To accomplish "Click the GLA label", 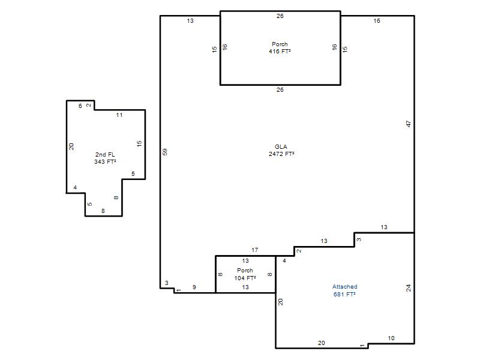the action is [x=281, y=146].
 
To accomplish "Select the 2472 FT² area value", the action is [x=281, y=154].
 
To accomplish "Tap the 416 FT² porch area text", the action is [x=280, y=52].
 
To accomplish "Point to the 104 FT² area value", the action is [x=245, y=278].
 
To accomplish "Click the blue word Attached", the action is [x=344, y=287].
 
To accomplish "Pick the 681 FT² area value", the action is [x=344, y=294].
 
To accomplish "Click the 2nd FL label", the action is [x=105, y=155].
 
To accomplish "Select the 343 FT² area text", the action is [x=105, y=161].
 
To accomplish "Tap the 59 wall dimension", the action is [x=164, y=152].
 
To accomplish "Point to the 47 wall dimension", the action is [x=409, y=124].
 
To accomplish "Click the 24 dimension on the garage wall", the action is [x=409, y=288].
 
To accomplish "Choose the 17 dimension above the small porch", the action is [x=254, y=250].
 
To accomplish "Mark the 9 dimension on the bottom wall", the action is [x=194, y=287].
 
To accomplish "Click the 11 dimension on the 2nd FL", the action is [x=119, y=115].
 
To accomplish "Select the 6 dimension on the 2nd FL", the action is [x=80, y=106].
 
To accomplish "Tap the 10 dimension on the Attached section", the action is [x=391, y=338].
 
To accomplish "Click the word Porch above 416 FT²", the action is [x=280, y=44].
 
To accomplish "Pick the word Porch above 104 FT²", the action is [x=245, y=271].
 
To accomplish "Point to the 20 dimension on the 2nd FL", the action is [x=71, y=146].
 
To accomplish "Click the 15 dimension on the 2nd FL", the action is [x=139, y=143].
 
